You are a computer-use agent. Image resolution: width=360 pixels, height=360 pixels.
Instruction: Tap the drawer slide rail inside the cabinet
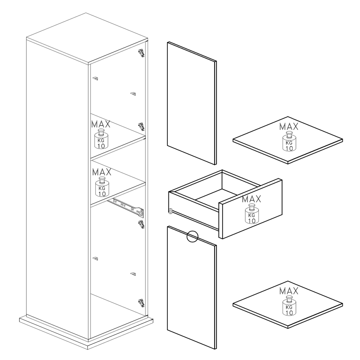click(126, 207)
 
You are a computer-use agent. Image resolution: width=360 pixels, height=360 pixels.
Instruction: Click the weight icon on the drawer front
click(252, 214)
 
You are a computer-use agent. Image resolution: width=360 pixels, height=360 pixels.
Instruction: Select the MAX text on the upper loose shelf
click(289, 126)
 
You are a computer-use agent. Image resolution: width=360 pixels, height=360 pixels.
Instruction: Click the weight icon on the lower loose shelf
click(289, 306)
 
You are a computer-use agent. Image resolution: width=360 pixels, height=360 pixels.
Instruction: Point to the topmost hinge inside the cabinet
click(141, 53)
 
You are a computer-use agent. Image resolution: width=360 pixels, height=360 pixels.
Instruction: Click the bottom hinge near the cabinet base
click(141, 303)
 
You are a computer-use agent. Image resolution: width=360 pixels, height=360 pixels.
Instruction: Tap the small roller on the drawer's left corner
click(170, 211)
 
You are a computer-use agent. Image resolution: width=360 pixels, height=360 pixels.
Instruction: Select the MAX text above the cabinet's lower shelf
click(102, 172)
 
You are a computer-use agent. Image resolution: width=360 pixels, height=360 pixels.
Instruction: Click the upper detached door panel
click(192, 103)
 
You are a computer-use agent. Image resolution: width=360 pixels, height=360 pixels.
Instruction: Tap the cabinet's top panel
click(87, 39)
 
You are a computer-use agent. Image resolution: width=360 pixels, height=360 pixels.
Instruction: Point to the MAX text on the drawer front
click(251, 199)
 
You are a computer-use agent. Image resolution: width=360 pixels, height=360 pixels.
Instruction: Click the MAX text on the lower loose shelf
click(289, 291)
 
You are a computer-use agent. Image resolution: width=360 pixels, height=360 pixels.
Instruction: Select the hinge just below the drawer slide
click(141, 224)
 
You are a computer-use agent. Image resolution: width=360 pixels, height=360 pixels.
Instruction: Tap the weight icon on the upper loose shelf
click(289, 141)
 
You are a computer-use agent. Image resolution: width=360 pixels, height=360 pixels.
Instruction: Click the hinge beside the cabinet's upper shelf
click(141, 126)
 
